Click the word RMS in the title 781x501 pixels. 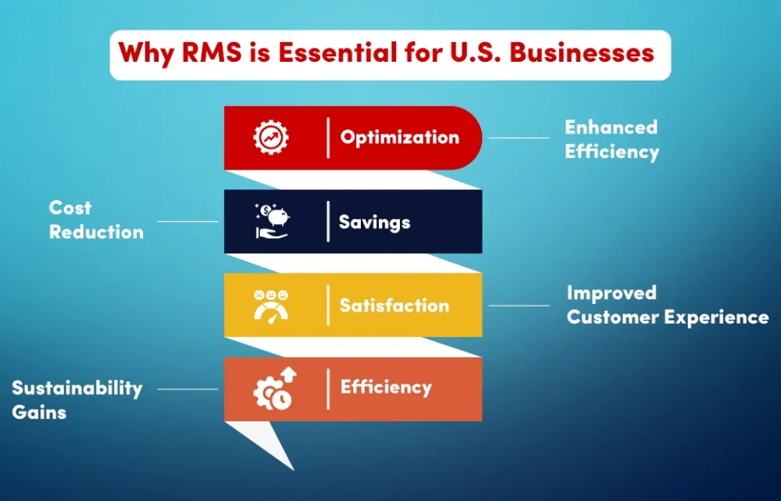(211, 52)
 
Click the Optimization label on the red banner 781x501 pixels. (399, 138)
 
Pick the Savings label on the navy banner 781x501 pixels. (375, 222)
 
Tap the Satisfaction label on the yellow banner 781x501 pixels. (394, 305)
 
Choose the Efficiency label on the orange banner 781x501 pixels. (386, 388)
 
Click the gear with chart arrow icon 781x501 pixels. (271, 138)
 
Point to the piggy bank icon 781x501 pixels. (272, 221)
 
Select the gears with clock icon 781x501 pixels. (275, 388)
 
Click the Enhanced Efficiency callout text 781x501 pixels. (612, 139)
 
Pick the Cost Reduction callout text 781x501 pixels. (96, 220)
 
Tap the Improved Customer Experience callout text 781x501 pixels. (668, 305)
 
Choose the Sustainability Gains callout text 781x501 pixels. (77, 400)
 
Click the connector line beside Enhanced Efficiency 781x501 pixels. (519, 138)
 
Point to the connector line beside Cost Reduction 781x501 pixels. (187, 221)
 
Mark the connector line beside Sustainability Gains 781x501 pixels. (187, 389)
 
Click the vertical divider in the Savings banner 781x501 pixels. (328, 221)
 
